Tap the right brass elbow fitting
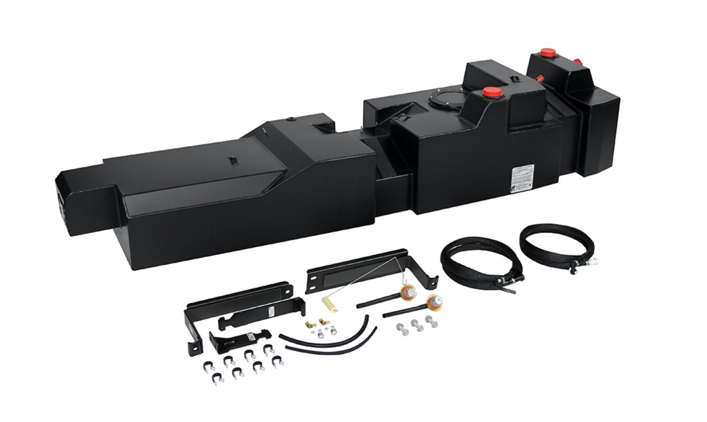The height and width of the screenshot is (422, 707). tap(322, 322)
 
